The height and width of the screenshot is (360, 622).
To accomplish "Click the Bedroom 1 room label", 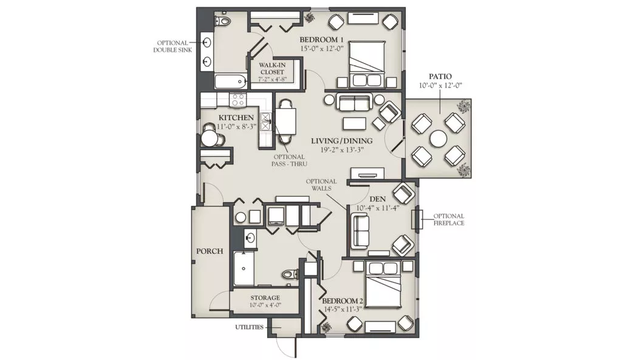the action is (321, 39).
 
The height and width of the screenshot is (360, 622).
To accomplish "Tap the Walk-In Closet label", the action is (272, 68).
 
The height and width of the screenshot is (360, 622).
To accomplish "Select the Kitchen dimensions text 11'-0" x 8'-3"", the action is (237, 126).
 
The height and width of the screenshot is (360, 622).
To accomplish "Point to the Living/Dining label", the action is (341, 141).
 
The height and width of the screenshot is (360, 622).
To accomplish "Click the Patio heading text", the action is (440, 76).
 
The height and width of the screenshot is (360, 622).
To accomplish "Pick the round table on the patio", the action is (439, 140).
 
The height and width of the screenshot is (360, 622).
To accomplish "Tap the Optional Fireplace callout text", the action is (449, 220).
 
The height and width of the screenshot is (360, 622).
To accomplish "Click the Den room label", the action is (377, 199).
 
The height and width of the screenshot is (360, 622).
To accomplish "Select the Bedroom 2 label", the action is (343, 301).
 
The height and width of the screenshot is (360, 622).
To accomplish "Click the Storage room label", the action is (265, 297).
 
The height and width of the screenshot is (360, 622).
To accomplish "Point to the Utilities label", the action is (249, 327).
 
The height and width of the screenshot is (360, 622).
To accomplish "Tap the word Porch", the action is (210, 251).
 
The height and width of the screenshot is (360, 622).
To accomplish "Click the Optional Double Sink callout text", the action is (173, 46).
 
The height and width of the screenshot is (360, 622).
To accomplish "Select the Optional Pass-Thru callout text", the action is (290, 160).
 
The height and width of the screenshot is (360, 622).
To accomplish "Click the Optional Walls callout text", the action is (321, 185).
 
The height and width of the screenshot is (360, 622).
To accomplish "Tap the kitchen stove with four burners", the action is (238, 100).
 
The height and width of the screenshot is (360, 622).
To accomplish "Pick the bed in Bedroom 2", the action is (384, 284).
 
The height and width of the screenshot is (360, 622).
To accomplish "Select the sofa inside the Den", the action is (359, 232).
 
